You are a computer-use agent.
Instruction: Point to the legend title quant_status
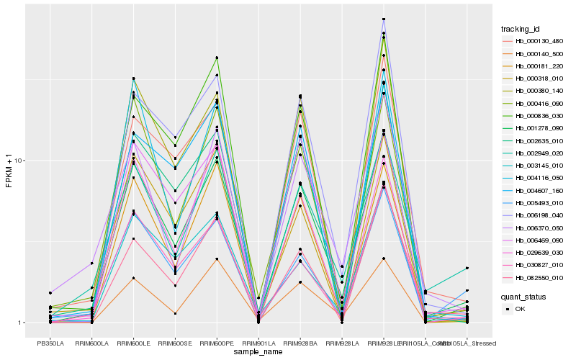[x=524, y=296]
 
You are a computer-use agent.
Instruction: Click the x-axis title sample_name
[x=258, y=353]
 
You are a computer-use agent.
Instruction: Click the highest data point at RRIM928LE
[x=384, y=19]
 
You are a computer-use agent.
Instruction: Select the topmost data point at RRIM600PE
[x=217, y=58]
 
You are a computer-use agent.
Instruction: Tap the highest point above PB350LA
[x=50, y=293]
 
